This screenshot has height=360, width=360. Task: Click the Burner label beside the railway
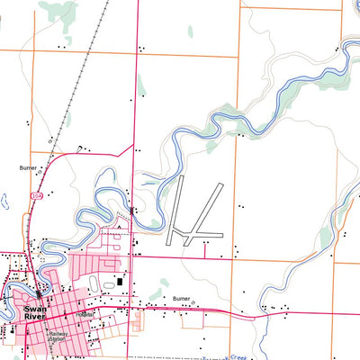(30, 167)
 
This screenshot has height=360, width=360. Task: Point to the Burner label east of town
(181, 297)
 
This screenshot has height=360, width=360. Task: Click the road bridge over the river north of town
(132, 211)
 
